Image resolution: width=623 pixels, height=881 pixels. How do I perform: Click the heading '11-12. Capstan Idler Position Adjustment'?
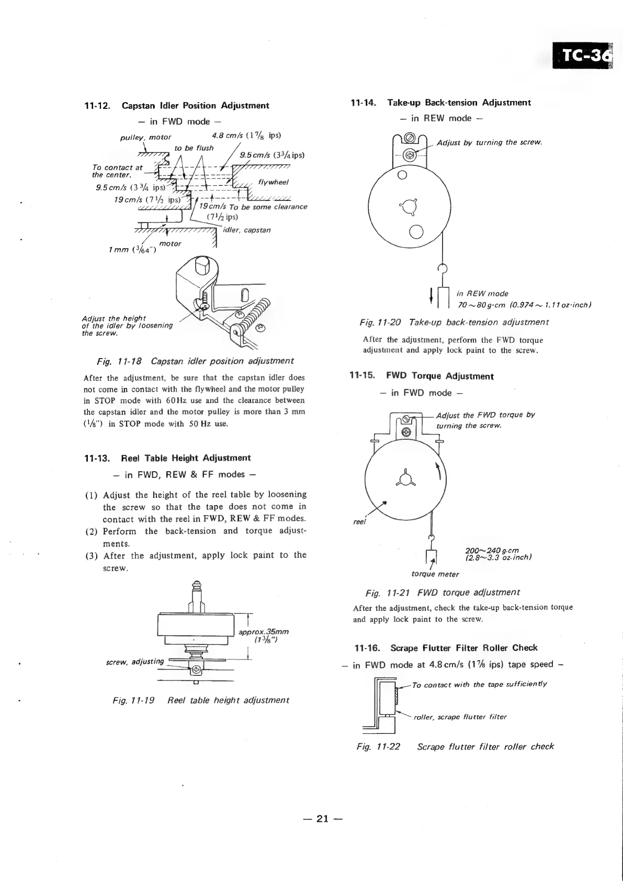coord(177,106)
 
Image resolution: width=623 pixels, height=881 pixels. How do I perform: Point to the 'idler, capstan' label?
coord(246,230)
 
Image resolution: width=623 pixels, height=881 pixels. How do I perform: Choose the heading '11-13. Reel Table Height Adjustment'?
coord(167,458)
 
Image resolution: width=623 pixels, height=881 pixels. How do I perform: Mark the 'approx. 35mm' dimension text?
coord(263,632)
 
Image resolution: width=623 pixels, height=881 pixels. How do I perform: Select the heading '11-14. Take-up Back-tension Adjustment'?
coord(441,103)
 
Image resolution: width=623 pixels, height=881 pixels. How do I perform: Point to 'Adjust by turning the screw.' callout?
coord(489,142)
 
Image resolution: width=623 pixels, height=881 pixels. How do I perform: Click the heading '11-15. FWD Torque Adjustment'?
coord(422,376)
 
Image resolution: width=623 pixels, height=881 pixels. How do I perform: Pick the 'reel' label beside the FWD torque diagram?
coord(359,522)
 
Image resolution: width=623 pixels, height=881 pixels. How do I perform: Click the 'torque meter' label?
coord(435,574)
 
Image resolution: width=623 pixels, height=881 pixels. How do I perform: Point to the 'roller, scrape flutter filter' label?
coord(460,717)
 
